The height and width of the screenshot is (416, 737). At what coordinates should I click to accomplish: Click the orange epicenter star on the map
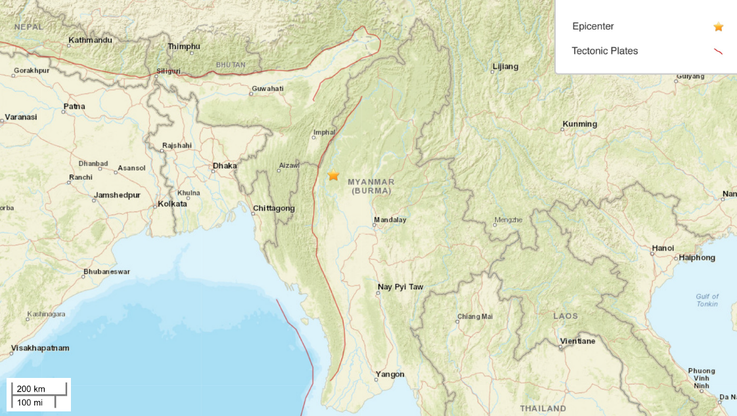click(x=334, y=175)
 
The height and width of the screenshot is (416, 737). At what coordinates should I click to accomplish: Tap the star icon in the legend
click(x=719, y=27)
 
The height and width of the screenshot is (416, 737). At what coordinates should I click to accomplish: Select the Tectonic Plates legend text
click(x=604, y=51)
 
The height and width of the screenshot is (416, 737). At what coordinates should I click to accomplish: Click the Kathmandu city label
click(x=90, y=41)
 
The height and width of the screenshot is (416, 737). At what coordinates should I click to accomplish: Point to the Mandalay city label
click(x=390, y=220)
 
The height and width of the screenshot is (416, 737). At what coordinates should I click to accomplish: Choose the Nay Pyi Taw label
click(x=400, y=287)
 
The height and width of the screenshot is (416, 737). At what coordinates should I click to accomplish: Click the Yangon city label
click(x=390, y=375)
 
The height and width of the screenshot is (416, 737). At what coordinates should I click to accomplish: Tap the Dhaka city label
click(x=225, y=166)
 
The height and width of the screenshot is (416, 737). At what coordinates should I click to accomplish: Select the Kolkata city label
click(x=172, y=204)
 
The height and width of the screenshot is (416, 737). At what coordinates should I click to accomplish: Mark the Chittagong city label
click(x=274, y=209)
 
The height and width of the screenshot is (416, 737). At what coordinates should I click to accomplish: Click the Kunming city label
click(x=579, y=124)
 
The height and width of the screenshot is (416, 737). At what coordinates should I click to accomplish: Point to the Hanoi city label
click(x=663, y=248)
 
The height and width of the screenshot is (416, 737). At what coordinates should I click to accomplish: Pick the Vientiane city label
click(x=577, y=341)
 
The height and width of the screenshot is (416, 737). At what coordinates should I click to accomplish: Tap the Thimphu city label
click(x=184, y=46)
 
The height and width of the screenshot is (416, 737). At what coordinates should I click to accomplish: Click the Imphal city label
click(x=324, y=132)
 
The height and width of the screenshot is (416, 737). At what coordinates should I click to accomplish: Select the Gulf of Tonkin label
click(x=707, y=301)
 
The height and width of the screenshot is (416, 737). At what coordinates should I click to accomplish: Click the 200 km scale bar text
click(x=31, y=389)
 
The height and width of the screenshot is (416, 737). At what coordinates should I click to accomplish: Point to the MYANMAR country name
click(x=370, y=182)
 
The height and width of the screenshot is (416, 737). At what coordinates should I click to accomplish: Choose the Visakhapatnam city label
click(x=40, y=348)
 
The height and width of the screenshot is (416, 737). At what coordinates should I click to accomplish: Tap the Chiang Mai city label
click(x=474, y=317)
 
